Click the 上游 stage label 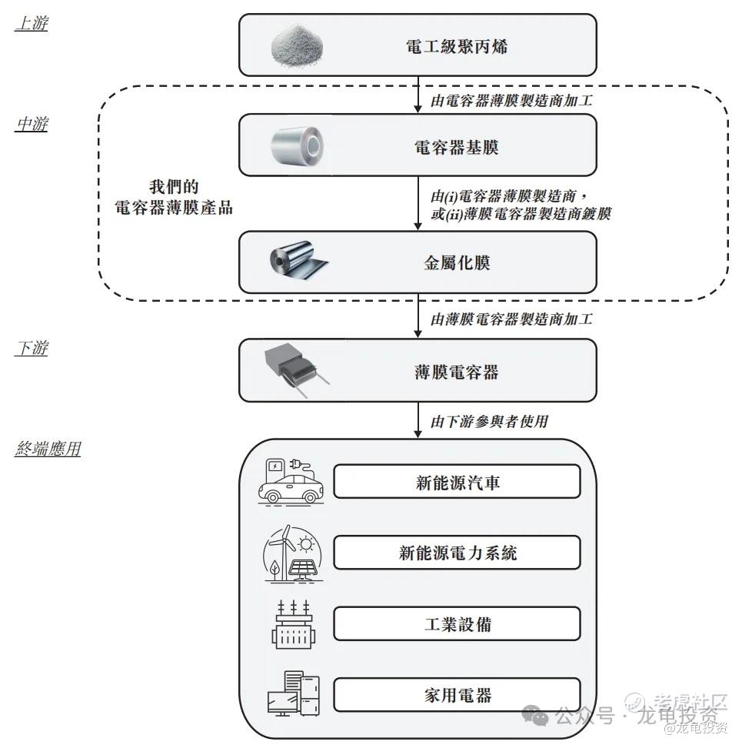(x=32, y=24)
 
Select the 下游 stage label (x=32, y=348)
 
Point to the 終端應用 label (x=48, y=449)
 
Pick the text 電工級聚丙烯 (x=456, y=47)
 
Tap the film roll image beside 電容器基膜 (x=298, y=145)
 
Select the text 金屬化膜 (x=457, y=262)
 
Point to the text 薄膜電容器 (x=456, y=372)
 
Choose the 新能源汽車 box (x=457, y=482)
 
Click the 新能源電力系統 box (x=457, y=553)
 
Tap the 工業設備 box (x=457, y=623)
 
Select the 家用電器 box (x=457, y=695)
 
